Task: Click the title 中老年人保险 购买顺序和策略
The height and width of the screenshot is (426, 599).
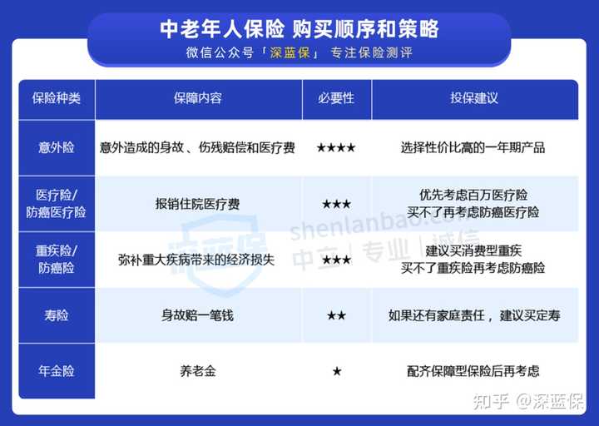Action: (299, 29)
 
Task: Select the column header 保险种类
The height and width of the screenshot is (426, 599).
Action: (57, 98)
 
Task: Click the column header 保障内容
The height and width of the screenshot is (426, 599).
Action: (198, 98)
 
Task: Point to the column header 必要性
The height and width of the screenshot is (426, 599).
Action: (336, 98)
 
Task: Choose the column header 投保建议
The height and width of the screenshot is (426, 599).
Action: (474, 98)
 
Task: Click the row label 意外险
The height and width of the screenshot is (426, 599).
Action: (57, 147)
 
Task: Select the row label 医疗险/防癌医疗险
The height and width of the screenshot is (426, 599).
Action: (57, 204)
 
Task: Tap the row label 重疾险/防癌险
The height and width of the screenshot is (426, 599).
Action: (57, 260)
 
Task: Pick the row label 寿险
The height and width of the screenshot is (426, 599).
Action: (57, 315)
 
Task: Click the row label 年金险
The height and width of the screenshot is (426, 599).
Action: (57, 371)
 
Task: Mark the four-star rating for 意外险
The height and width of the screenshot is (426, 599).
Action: (336, 147)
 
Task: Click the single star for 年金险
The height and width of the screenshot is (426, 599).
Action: (337, 371)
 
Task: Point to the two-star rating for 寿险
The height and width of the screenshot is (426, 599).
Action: (336, 315)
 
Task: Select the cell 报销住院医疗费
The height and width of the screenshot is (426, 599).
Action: (197, 204)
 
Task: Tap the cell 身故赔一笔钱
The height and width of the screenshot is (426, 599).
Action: (197, 315)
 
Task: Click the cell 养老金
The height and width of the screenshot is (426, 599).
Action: (198, 371)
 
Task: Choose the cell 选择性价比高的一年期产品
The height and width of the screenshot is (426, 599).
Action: (473, 147)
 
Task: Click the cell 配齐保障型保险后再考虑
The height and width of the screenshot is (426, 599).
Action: (473, 371)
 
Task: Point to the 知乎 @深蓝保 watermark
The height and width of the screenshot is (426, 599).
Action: (528, 401)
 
